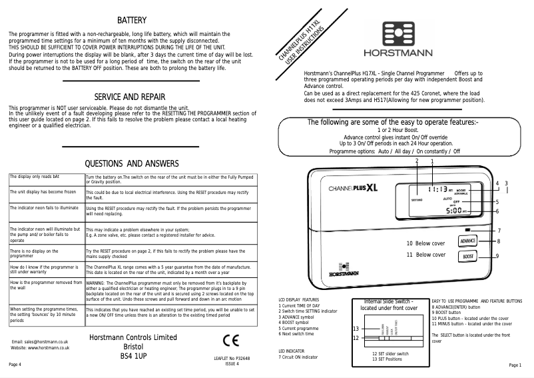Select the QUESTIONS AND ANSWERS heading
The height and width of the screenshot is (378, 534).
[x=133, y=164]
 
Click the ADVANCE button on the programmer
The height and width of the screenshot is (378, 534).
[x=468, y=240]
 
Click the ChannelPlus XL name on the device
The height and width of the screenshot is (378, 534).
[x=353, y=188]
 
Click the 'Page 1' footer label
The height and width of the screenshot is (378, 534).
[x=515, y=365]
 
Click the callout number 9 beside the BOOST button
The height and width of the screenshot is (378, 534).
[x=497, y=256]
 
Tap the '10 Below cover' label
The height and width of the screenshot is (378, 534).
[x=425, y=243]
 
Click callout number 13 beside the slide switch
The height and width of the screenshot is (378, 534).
[x=356, y=329]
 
